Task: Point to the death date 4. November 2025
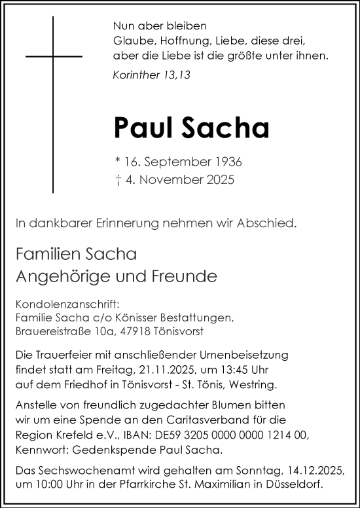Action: (x=173, y=178)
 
